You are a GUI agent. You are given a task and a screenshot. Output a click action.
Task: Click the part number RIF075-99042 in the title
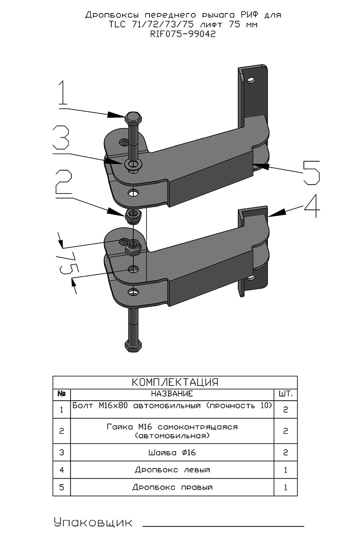coord(183,34)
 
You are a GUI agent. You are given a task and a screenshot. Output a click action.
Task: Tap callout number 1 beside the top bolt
coord(63,93)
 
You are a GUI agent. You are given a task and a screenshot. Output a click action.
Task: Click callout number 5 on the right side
coord(312,173)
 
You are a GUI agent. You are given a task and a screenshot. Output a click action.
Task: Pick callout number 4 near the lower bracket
coord(312,206)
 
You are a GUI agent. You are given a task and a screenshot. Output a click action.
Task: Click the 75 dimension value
coord(68,265)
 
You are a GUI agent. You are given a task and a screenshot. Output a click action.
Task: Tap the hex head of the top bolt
coord(133,117)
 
